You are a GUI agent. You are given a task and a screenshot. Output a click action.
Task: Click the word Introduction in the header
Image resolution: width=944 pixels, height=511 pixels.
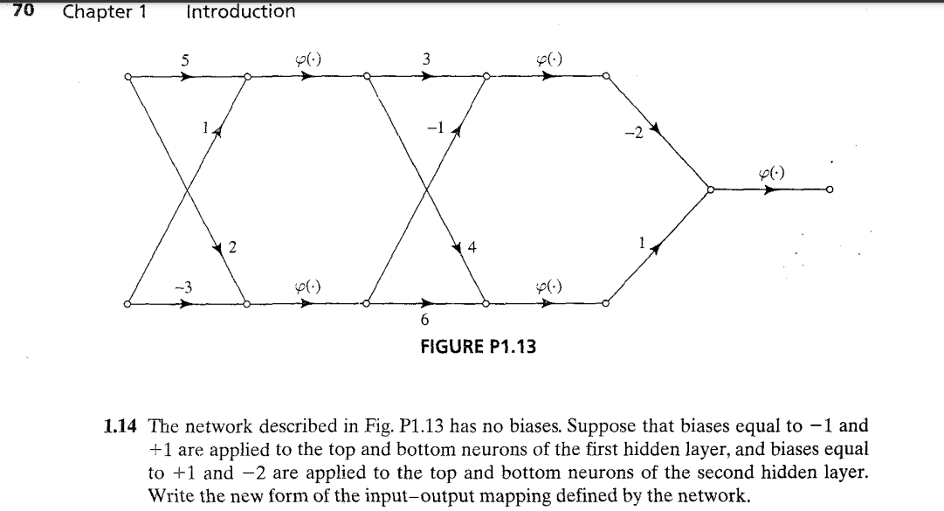[240, 11]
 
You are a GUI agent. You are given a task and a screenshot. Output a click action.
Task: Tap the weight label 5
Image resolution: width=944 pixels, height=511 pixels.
[184, 60]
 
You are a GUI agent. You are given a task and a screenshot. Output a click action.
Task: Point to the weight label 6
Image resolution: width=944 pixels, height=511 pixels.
[425, 321]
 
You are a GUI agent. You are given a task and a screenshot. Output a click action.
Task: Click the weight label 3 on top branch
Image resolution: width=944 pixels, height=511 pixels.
[425, 59]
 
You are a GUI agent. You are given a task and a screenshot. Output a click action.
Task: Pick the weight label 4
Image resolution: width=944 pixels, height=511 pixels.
[472, 246]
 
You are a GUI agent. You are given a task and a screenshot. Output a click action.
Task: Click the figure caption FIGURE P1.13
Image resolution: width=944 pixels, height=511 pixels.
[479, 347]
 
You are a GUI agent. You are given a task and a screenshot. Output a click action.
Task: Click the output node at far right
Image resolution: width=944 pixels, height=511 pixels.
[830, 190]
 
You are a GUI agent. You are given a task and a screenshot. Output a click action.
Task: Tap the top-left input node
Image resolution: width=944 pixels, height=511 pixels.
[127, 76]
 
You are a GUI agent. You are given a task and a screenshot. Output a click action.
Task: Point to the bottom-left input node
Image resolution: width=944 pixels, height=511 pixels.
[127, 305]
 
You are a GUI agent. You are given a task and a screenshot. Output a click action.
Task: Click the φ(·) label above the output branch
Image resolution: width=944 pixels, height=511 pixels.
[769, 172]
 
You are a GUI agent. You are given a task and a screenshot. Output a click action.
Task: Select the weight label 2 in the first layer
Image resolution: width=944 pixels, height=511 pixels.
[231, 246]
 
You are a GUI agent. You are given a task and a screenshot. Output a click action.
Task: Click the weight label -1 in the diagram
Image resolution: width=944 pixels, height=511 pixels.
[437, 128]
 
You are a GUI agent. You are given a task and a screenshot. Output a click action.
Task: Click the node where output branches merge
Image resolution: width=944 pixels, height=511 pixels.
[710, 190]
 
